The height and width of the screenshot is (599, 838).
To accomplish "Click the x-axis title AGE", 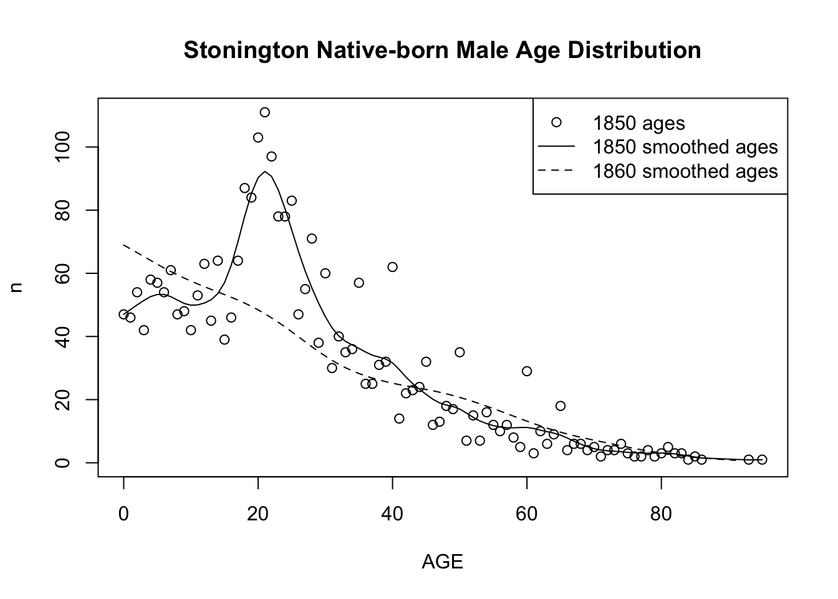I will [442, 562].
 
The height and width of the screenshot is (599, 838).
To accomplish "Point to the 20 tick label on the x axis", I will [258, 515].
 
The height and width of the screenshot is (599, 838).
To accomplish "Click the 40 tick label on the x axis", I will [392, 515].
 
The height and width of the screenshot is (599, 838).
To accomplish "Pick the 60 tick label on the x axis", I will [527, 515].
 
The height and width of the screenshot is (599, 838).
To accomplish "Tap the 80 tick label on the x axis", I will [661, 515].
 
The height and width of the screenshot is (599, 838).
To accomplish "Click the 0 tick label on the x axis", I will [123, 515].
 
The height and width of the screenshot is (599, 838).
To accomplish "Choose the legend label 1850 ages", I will [638, 123].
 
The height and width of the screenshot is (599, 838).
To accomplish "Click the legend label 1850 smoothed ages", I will [685, 147].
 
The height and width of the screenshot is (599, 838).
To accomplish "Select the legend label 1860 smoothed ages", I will [685, 171].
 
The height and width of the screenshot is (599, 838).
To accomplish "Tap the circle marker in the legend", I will [557, 122].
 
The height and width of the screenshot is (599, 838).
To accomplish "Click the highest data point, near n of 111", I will [264, 112].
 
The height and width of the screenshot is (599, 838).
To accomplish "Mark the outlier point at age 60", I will [527, 371].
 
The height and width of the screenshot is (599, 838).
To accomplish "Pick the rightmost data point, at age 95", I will [762, 459].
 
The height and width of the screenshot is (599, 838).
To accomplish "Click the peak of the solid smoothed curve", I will [265, 172].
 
